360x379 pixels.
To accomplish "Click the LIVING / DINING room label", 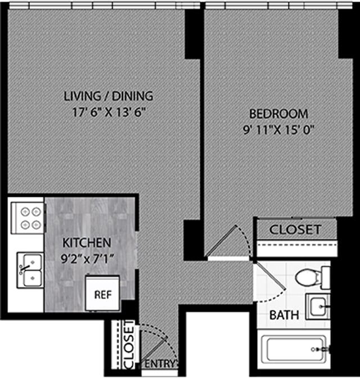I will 108,96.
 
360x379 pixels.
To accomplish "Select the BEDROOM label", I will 279,113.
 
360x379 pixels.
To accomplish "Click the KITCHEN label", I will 85,243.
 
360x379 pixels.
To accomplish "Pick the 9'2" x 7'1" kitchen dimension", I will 85,259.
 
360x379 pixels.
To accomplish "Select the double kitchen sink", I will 29,270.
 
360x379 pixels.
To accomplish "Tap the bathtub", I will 296,349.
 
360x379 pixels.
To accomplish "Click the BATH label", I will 283,315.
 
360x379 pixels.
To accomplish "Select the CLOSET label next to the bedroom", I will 295,229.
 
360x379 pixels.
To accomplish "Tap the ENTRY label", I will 160,364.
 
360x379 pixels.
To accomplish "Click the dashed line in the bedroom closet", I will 296,246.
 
